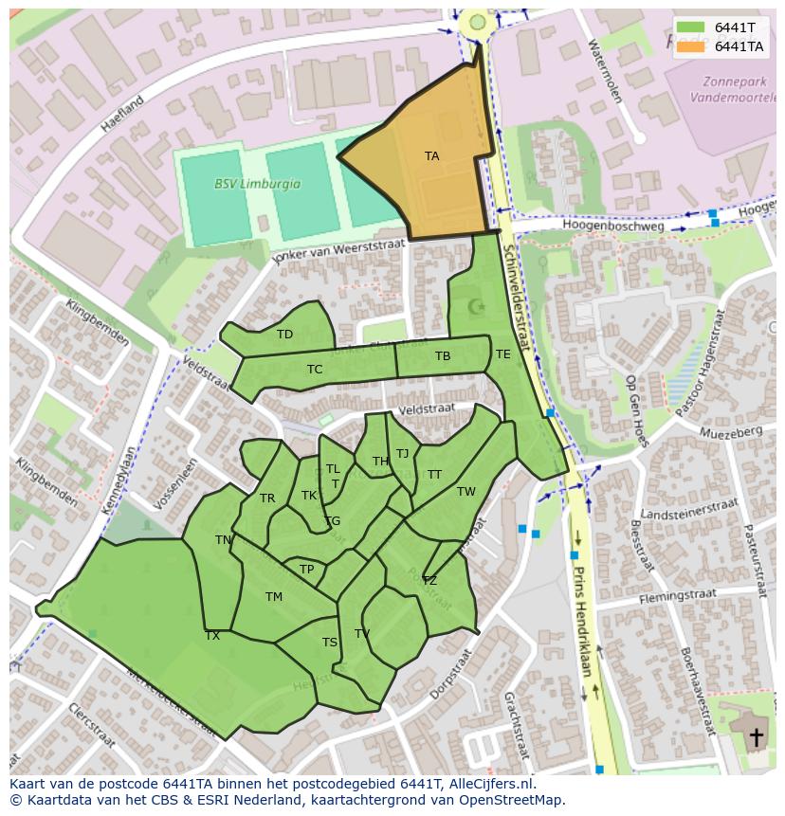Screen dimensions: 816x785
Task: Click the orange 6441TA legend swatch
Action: click(691, 46)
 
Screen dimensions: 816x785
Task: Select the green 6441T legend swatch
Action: click(691, 27)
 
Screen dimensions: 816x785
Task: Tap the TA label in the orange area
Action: click(431, 156)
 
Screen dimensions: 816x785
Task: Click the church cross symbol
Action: click(756, 736)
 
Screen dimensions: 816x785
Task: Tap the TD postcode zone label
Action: click(284, 335)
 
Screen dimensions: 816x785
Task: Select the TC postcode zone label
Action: click(315, 370)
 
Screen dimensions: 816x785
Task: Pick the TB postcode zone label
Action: click(443, 356)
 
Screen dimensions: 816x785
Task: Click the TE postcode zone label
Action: click(502, 354)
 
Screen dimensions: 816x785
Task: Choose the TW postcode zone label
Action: click(466, 492)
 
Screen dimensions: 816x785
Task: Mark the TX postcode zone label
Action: click(212, 636)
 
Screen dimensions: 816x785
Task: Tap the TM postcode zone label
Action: click(274, 597)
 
